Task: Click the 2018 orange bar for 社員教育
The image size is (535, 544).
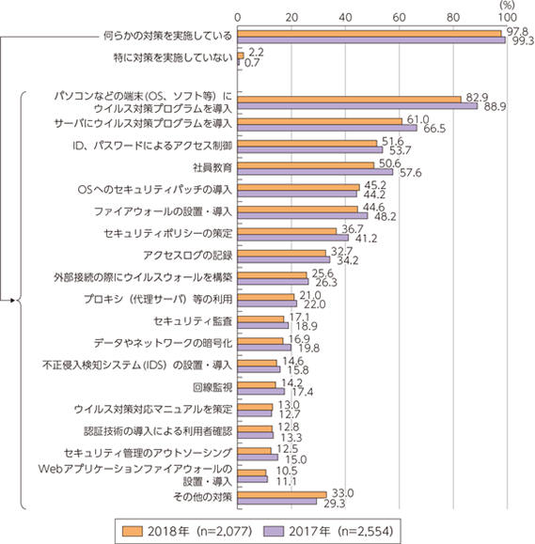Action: [306, 165]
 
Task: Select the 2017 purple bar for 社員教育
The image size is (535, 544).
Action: [315, 172]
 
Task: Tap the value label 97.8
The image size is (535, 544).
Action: [517, 32]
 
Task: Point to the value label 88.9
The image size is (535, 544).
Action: [495, 107]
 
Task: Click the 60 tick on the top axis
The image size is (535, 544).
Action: [400, 17]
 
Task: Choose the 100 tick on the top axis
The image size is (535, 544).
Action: [508, 17]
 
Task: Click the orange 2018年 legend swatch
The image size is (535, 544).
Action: [133, 531]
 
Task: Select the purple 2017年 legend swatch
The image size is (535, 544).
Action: [274, 531]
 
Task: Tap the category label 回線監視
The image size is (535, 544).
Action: [212, 387]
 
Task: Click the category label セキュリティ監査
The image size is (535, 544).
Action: [193, 321]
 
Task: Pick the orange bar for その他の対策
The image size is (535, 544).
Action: [282, 495]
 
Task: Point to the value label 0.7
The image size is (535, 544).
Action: [252, 63]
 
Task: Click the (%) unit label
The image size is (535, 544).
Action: [507, 5]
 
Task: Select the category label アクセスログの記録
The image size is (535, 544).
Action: [188, 256]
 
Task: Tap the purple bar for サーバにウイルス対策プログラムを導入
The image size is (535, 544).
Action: [327, 128]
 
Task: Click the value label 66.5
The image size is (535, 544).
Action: [434, 129]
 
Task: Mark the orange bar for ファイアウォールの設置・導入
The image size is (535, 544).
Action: [298, 210]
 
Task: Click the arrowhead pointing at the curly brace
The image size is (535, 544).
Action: [13, 301]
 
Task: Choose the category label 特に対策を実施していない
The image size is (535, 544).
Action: [173, 57]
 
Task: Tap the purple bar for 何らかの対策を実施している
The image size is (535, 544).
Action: [371, 40]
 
